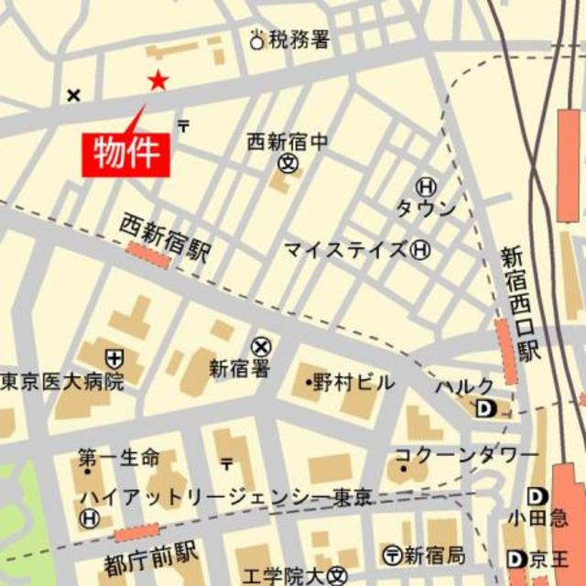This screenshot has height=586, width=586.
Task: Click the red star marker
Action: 158,81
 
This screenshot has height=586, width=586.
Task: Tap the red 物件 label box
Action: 127,153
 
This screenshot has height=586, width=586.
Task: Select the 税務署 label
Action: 298,40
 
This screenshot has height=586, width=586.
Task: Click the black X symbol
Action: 74,94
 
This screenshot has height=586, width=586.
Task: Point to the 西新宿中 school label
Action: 287,142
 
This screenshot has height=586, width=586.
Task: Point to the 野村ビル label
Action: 353,383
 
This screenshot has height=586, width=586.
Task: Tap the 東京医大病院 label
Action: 62,381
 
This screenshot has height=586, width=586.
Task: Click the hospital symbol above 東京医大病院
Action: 114,358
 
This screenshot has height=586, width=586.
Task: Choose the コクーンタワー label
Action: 466,455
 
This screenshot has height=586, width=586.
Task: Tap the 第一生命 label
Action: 118,456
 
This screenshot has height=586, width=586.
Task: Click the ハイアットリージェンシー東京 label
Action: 225,497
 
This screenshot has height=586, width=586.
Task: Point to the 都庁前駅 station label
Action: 152,553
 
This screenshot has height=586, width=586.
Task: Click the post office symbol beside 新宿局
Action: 392,554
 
